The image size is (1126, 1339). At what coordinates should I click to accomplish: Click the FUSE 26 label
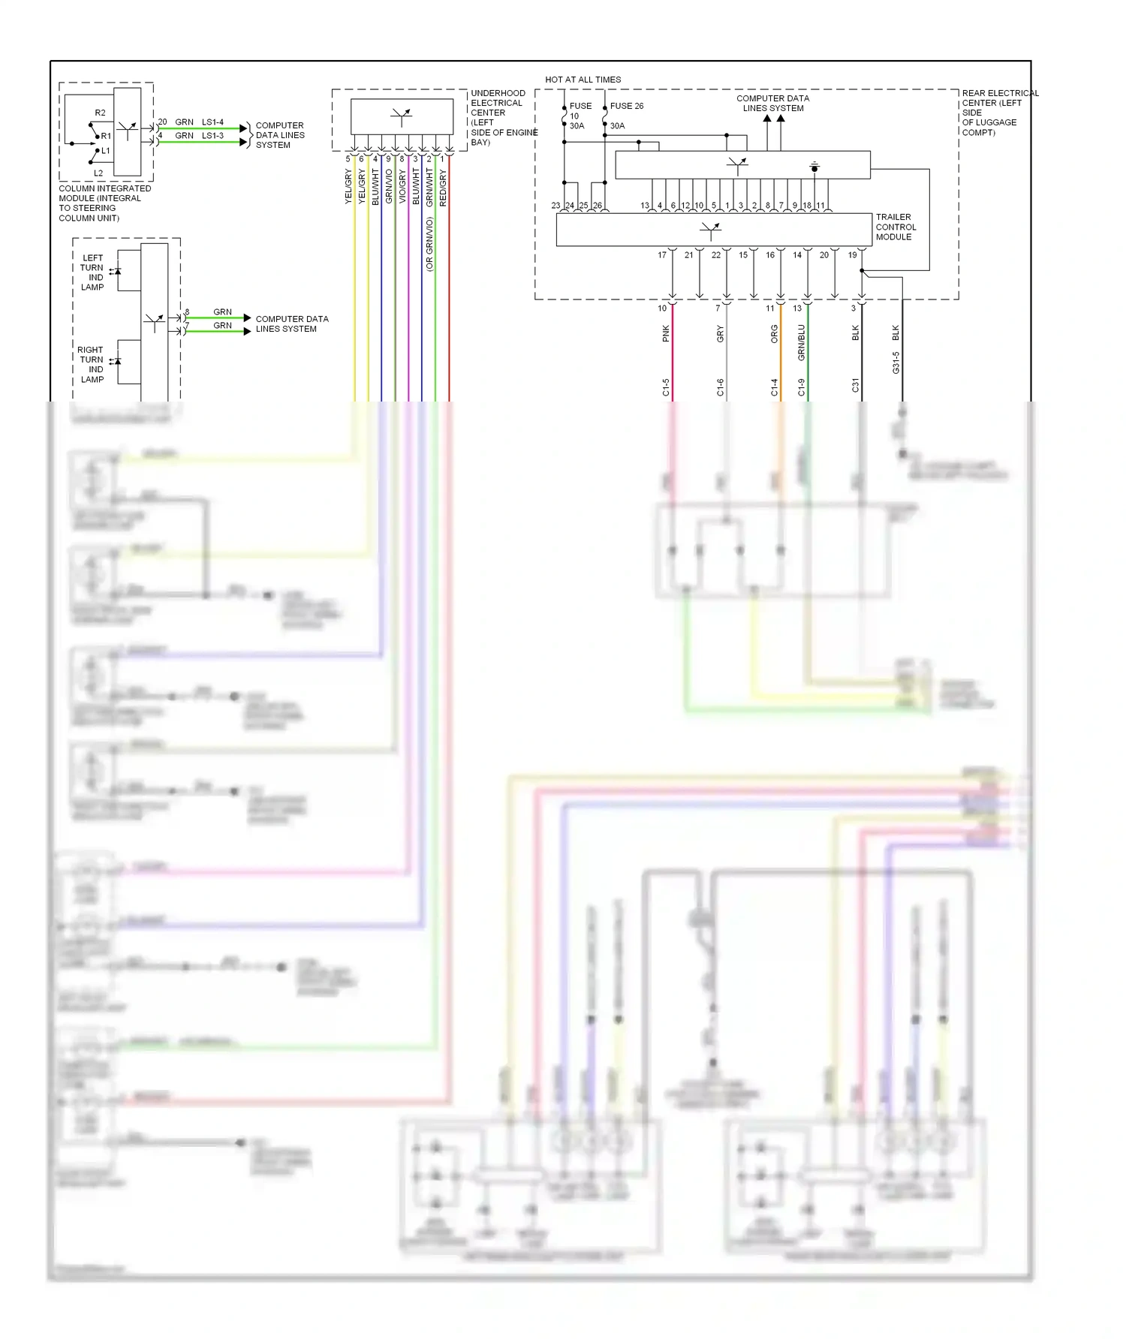point(626,106)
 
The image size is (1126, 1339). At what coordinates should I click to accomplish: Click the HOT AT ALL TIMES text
point(583,80)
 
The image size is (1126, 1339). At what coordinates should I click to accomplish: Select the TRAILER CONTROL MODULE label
point(895,227)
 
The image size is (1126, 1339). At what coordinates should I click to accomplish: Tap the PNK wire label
point(666,333)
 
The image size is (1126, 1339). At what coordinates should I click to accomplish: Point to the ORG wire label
point(774,334)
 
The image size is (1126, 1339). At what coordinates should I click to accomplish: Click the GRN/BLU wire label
point(801,342)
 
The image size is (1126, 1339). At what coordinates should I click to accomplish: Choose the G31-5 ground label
point(896,363)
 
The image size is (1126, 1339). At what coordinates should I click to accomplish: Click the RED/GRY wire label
point(443,188)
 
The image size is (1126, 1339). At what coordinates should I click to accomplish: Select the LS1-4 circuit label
point(212,122)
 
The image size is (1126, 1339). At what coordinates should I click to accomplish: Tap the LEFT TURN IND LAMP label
point(92,272)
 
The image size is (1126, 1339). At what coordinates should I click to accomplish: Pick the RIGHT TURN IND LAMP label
point(91,365)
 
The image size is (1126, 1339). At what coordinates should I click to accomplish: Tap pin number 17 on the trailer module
point(662,255)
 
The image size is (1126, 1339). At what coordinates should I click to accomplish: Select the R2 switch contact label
point(100,113)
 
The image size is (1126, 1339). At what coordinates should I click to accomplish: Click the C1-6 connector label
point(720,387)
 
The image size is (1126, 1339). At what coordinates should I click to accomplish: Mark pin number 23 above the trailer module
point(555,206)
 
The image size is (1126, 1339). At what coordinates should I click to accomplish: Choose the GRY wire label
point(720,334)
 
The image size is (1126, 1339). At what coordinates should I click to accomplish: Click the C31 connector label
point(855,386)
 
